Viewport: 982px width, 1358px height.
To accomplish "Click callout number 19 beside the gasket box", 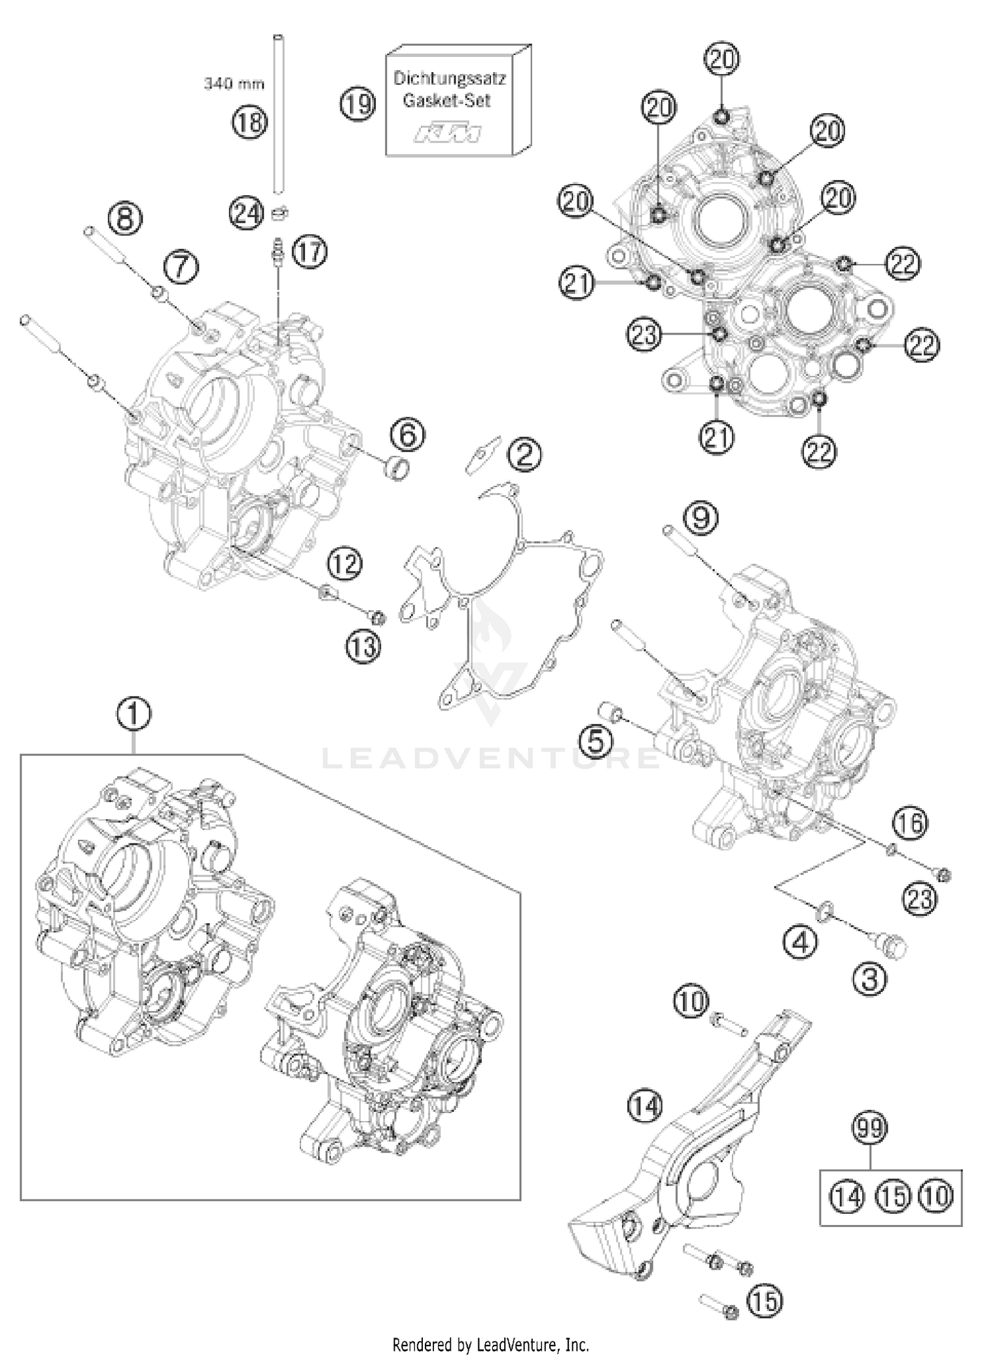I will pyautogui.click(x=358, y=103).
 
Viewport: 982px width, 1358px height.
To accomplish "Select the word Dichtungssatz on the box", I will pyautogui.click(x=449, y=78).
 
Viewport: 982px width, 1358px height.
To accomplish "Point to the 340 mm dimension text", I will pyautogui.click(x=234, y=84).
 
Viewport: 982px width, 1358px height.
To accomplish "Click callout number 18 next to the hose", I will pyautogui.click(x=250, y=121).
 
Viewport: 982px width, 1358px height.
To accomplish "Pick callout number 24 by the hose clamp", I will pyautogui.click(x=247, y=213).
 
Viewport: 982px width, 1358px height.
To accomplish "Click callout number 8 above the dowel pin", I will pyautogui.click(x=125, y=219).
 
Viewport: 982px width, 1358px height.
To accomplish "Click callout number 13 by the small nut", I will pyautogui.click(x=364, y=646).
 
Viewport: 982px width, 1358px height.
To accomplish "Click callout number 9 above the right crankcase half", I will pyautogui.click(x=700, y=518).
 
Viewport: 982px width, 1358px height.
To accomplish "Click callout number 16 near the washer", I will pyautogui.click(x=911, y=823).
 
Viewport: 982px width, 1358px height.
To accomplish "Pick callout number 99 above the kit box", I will pyautogui.click(x=871, y=1129).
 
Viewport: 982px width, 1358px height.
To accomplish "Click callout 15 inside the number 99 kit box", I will pyautogui.click(x=893, y=1198).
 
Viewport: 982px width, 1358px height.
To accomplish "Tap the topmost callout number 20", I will pyautogui.click(x=721, y=58).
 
